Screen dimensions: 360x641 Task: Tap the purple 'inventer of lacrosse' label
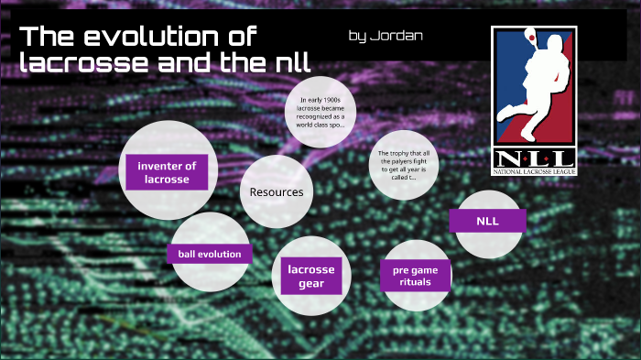167,172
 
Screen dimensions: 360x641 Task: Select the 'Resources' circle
277,191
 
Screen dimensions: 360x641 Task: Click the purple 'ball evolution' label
209,254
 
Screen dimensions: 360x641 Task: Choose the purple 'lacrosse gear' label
311,277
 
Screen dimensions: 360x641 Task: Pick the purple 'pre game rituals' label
415,276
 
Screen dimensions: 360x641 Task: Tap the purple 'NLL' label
487,221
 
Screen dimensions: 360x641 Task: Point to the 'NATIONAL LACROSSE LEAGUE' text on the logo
535,171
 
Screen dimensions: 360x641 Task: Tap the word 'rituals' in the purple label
415,283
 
